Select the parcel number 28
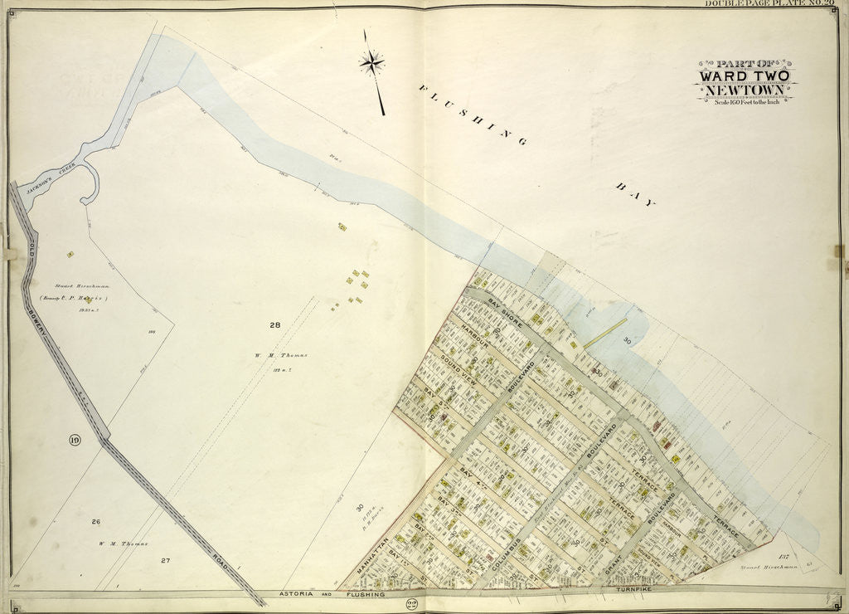(x=274, y=324)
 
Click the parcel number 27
(x=165, y=561)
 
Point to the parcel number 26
(x=95, y=522)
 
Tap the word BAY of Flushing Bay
(x=636, y=196)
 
